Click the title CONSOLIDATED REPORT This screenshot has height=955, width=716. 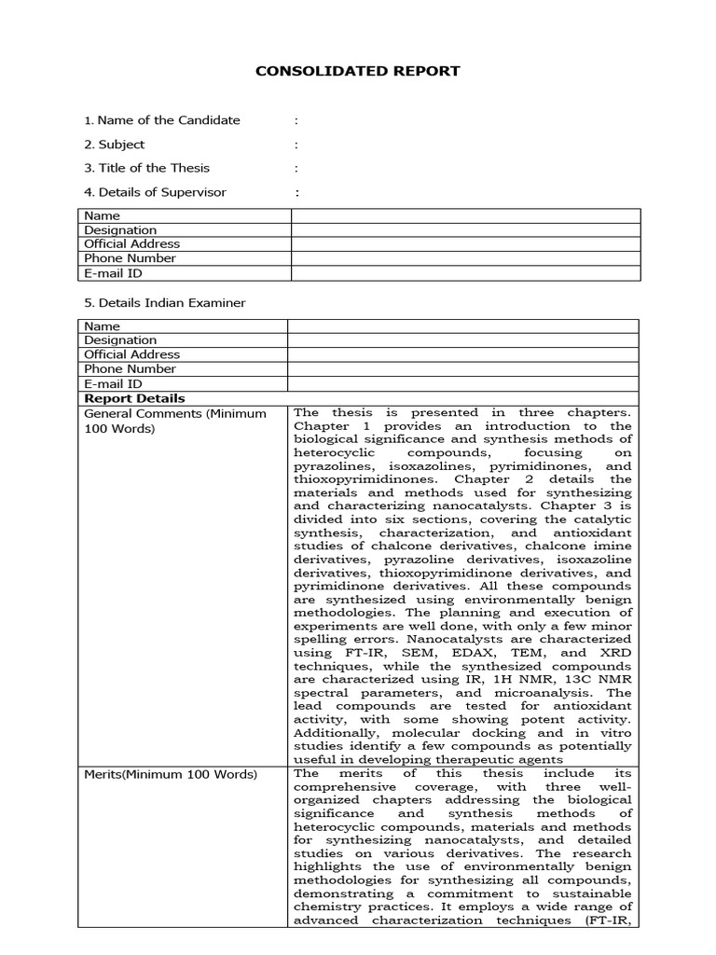(358, 71)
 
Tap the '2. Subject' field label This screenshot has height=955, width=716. (114, 145)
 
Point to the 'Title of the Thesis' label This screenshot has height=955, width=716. (146, 169)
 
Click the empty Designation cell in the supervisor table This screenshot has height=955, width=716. (465, 230)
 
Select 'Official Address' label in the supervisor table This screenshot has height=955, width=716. (131, 244)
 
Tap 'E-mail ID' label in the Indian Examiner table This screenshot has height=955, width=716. (113, 383)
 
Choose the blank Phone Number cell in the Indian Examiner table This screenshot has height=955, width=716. (462, 369)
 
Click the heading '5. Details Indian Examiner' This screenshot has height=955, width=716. (164, 303)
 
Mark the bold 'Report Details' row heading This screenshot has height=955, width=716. (122, 398)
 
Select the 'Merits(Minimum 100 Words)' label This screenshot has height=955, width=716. (171, 774)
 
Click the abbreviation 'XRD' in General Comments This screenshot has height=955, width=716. (615, 653)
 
